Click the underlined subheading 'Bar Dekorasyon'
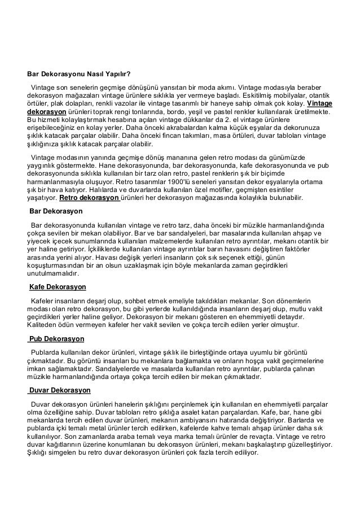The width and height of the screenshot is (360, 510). click(x=56, y=211)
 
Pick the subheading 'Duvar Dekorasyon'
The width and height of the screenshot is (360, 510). click(x=59, y=390)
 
